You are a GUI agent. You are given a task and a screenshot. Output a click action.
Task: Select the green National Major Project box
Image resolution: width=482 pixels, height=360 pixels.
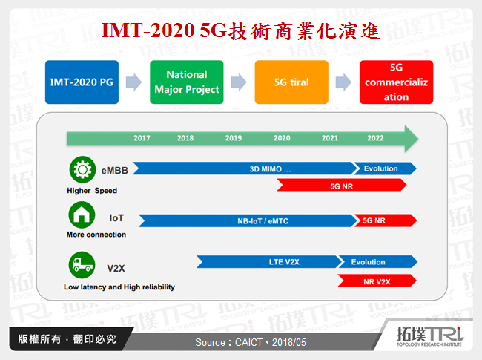pos(186,82)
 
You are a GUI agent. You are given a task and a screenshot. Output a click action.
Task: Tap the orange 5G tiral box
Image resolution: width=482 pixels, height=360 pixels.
pos(291,82)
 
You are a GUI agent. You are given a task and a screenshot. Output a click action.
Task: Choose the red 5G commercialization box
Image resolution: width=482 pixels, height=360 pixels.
pos(396,82)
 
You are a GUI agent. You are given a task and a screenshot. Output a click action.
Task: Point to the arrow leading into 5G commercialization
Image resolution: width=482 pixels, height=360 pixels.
pos(343,82)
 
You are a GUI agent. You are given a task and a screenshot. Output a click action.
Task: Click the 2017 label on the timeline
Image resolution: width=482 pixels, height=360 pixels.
pos(142,138)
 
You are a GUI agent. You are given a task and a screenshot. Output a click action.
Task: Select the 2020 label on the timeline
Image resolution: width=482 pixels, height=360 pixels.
pos(282,138)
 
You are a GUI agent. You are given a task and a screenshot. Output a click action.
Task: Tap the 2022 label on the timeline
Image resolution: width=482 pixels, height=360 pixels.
pos(375,138)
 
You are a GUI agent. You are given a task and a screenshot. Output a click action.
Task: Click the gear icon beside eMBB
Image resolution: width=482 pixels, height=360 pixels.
pos(80,170)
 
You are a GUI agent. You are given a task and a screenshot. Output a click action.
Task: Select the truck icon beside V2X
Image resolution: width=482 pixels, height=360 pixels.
pos(80,264)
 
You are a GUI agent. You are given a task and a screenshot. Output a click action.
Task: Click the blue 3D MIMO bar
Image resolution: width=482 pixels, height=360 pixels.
pos(245,168)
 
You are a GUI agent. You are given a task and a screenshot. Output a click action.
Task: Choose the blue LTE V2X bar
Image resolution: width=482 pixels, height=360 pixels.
pos(267,262)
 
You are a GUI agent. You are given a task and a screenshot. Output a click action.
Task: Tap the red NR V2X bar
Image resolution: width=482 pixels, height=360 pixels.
pos(377,281)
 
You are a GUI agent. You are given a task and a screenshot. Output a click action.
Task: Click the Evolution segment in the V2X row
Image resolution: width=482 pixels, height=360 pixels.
pos(374,262)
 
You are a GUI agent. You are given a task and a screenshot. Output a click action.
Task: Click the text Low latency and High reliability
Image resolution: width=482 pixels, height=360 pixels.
pos(119,287)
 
